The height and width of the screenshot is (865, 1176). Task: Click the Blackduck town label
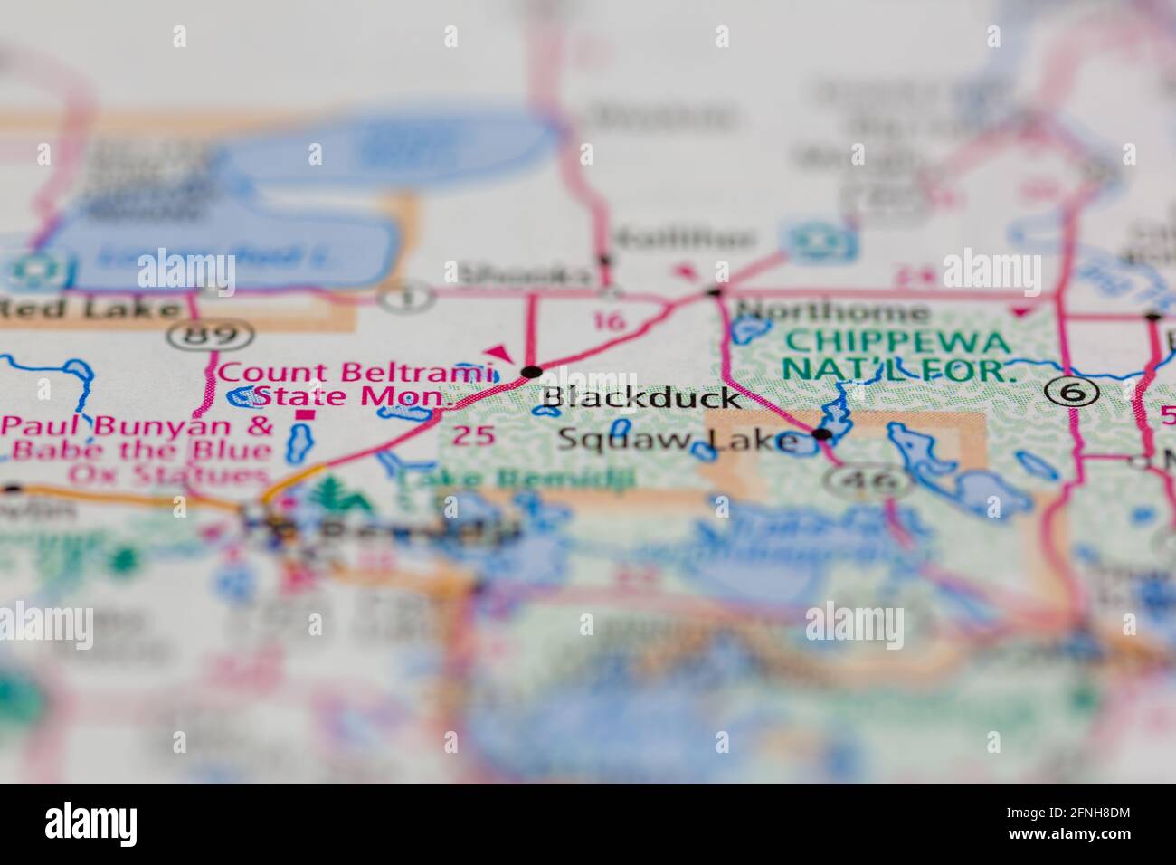642,397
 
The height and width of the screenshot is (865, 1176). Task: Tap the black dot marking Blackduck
532,372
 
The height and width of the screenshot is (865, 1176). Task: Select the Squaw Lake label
678,441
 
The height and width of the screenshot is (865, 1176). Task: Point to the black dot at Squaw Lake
822,435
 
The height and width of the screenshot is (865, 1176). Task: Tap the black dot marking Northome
715,292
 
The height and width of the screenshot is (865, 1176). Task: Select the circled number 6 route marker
1072,391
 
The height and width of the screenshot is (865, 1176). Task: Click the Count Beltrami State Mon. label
356,384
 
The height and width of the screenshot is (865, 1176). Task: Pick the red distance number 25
474,436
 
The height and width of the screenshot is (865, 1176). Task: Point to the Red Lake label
90,309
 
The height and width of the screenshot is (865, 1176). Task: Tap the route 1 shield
394,296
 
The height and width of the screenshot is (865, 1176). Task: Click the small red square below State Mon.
307,415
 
